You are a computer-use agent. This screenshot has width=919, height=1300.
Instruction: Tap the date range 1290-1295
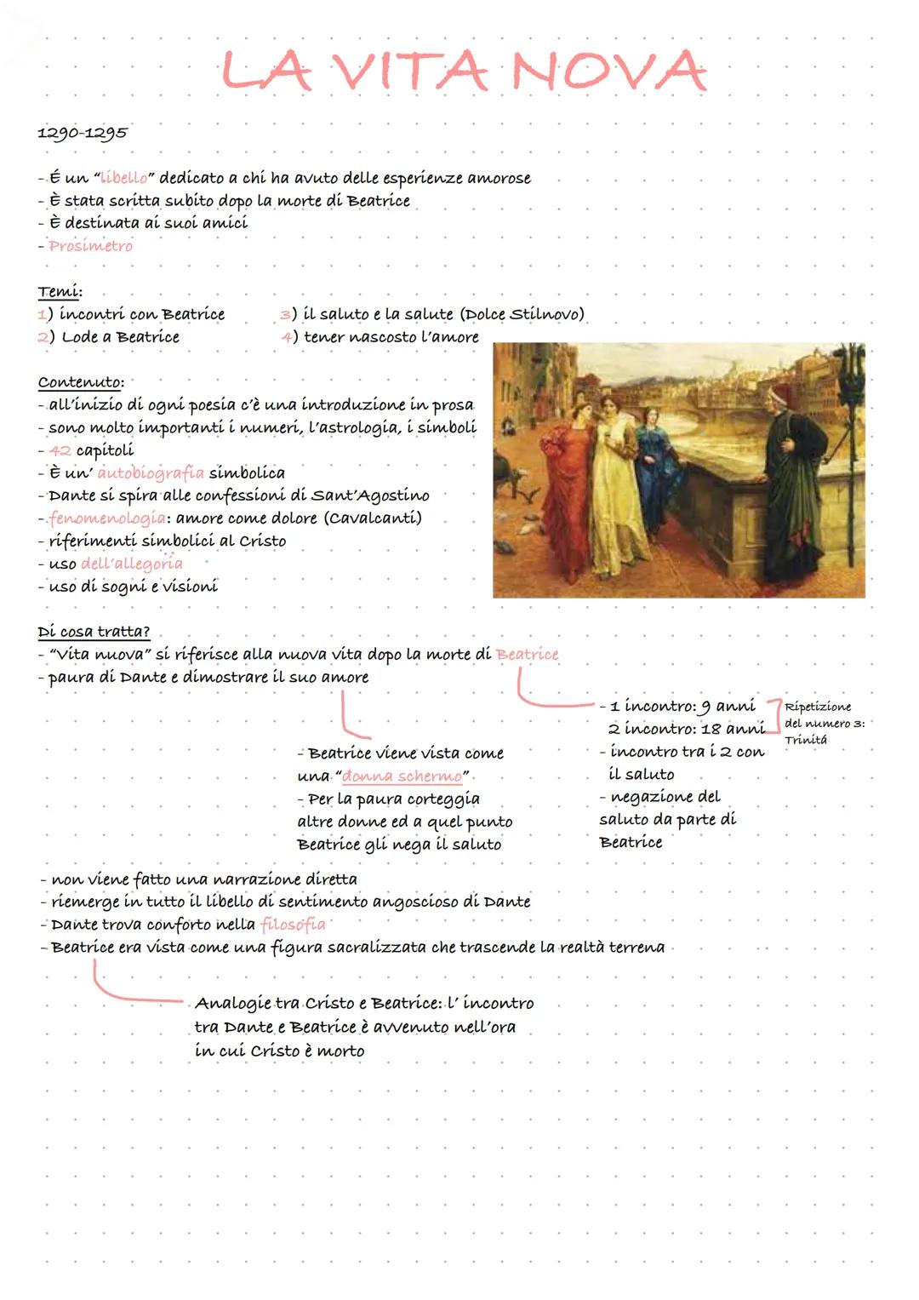[83, 133]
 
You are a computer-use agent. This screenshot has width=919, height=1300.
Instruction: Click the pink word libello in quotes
[123, 179]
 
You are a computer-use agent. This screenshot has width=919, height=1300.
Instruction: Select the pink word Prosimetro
[90, 246]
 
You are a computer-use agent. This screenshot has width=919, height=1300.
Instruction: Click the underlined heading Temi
[60, 292]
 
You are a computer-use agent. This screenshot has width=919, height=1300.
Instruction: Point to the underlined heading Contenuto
[80, 382]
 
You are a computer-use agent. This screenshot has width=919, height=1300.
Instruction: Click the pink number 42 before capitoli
[60, 450]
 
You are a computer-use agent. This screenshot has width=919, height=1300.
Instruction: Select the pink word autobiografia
[151, 472]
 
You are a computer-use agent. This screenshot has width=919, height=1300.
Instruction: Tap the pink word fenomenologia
[107, 518]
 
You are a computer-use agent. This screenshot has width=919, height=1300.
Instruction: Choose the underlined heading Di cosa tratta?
[94, 632]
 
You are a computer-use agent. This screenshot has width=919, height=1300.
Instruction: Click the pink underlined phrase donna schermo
[402, 776]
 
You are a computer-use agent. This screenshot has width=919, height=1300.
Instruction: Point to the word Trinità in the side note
[805, 740]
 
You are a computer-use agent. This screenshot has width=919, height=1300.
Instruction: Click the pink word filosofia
[293, 925]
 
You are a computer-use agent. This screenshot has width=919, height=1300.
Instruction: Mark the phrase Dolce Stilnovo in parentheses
[522, 314]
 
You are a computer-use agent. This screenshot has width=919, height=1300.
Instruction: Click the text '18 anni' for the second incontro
[733, 729]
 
